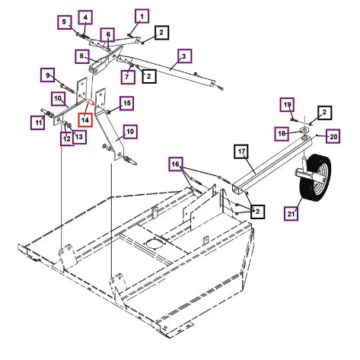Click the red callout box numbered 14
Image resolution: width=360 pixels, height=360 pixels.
tap(85, 119)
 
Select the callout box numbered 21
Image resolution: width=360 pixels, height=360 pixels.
tap(291, 213)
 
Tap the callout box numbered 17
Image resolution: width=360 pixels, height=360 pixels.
tap(241, 151)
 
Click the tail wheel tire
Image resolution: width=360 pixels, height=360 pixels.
tap(315, 180)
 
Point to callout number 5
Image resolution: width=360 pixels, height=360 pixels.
tap(64, 22)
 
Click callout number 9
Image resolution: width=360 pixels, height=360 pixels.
tap(47, 75)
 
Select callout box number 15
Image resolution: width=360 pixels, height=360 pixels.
tap(126, 103)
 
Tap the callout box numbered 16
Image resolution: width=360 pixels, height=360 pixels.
tap(176, 164)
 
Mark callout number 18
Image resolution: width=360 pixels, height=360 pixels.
tap(282, 133)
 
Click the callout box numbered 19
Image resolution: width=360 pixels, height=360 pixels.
tap(287, 104)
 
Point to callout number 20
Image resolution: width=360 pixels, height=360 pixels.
tap(333, 136)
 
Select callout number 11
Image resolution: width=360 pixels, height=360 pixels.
tap(38, 123)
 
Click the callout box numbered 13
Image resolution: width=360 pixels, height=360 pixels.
tap(79, 137)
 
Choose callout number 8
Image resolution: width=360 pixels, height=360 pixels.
tap(82, 56)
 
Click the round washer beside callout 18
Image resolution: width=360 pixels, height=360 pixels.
tap(304, 130)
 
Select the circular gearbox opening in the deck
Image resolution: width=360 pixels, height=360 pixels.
tap(154, 245)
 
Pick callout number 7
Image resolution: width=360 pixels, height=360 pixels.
tap(128, 76)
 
